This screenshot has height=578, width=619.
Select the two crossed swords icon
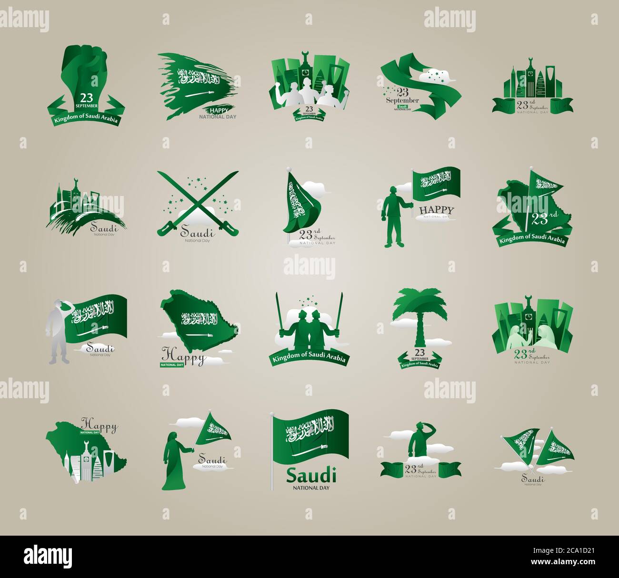point(198,202)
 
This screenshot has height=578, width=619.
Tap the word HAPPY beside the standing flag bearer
point(436,209)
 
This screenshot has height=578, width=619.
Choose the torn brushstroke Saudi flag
point(195,86)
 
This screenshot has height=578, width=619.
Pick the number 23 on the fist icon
point(86,97)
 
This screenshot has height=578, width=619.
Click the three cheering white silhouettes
point(309,95)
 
